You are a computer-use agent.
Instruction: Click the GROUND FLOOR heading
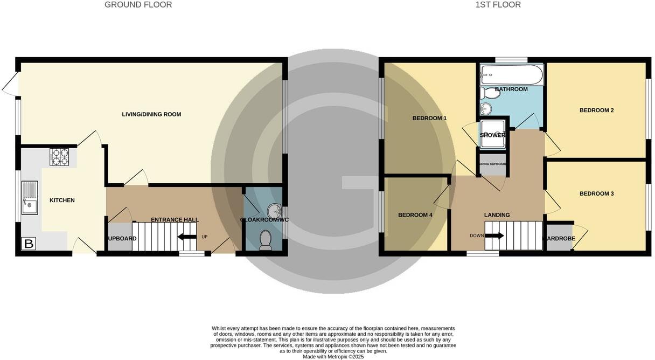tap(138, 5)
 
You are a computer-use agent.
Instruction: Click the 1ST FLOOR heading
tap(498, 5)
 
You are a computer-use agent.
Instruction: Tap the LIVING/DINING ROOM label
tap(151, 114)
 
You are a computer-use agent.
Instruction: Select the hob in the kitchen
tap(59, 157)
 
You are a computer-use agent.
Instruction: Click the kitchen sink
tap(30, 198)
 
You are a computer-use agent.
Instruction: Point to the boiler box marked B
tap(29, 244)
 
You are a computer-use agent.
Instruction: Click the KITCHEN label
tap(62, 200)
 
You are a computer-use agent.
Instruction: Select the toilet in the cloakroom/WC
tap(266, 240)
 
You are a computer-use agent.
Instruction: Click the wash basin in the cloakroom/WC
tap(275, 210)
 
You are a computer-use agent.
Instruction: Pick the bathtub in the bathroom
tap(511, 75)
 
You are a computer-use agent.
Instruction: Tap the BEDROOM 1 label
tap(429, 118)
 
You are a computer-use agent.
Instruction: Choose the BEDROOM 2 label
tap(596, 110)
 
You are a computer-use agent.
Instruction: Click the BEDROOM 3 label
tap(596, 193)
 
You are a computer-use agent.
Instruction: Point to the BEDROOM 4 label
tap(415, 215)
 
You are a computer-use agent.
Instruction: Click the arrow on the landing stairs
tap(494, 236)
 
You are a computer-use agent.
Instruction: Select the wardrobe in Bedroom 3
tap(559, 238)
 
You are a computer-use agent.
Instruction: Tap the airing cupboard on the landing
tap(493, 167)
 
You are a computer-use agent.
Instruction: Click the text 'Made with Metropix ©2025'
tap(334, 357)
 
